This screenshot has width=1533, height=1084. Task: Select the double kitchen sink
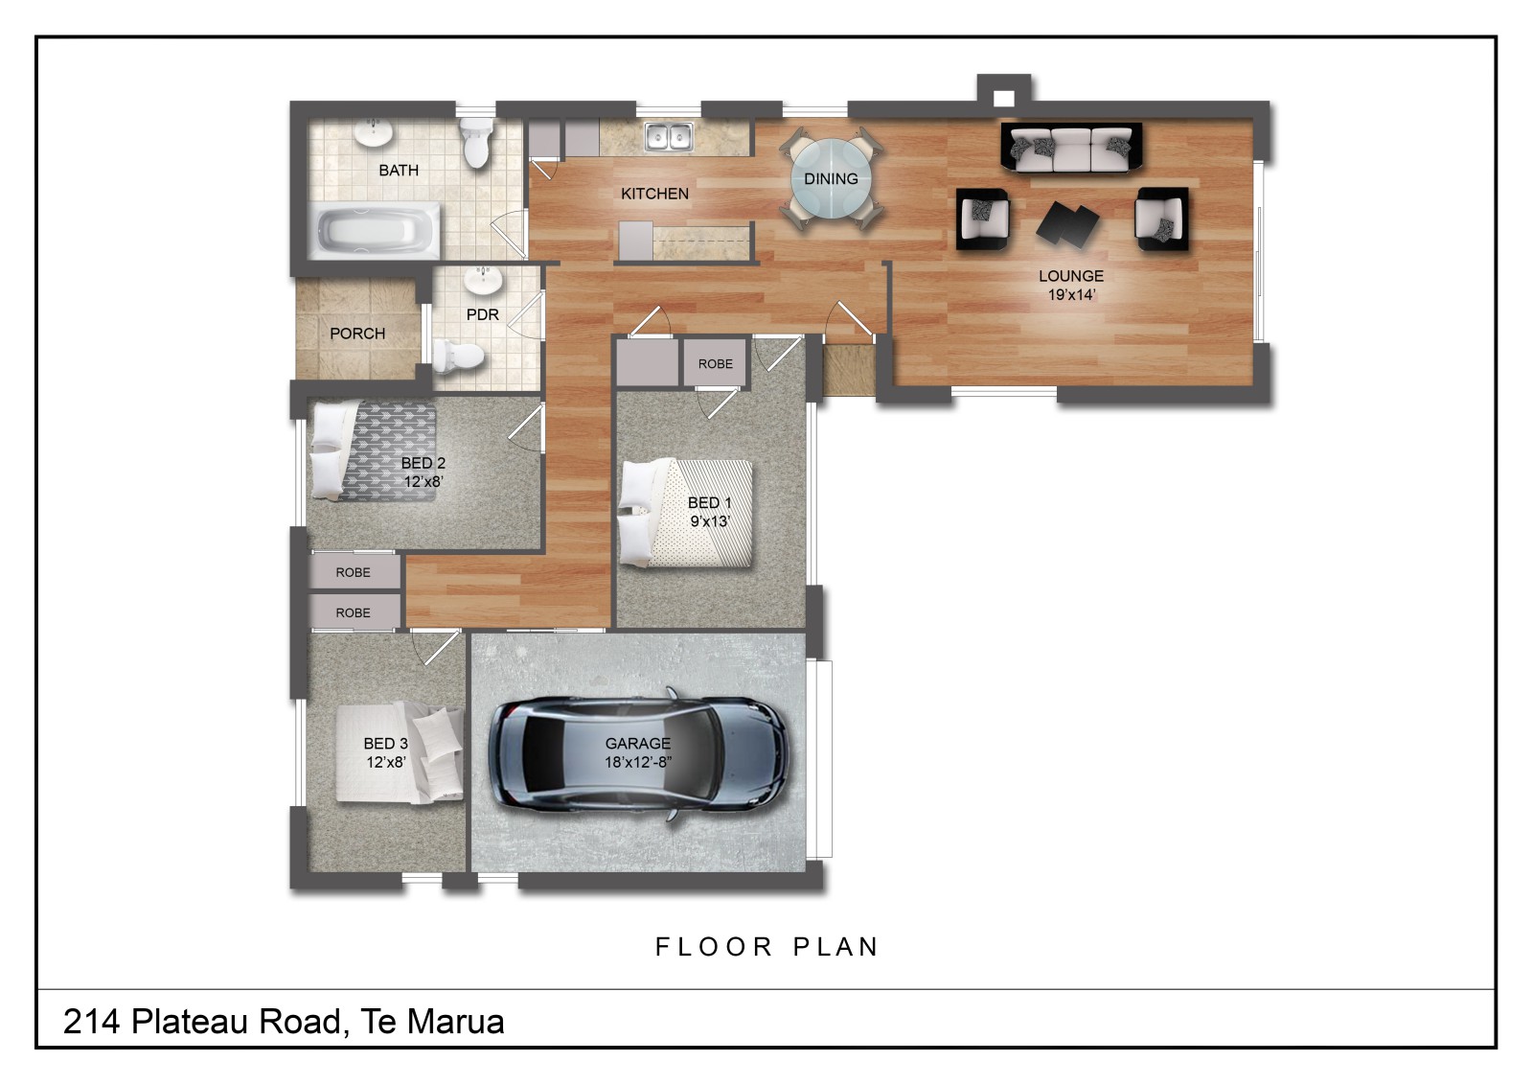click(x=669, y=136)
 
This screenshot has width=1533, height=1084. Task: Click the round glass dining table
click(x=832, y=179)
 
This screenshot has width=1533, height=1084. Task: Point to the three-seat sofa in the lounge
click(x=1072, y=148)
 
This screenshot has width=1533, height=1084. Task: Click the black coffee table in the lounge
click(x=1067, y=223)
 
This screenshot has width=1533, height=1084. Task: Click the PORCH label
click(x=357, y=334)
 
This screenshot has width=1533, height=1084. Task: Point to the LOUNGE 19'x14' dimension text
click(x=1071, y=285)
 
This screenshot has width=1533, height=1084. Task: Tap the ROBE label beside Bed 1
click(x=715, y=363)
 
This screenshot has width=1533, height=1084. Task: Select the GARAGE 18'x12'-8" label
click(x=638, y=751)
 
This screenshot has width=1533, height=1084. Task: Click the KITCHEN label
click(x=655, y=194)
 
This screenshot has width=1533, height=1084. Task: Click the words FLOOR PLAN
click(x=766, y=947)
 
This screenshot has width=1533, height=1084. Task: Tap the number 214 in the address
click(x=92, y=1022)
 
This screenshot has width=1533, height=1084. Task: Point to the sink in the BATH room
click(x=373, y=133)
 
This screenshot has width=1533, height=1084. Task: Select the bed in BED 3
click(x=400, y=752)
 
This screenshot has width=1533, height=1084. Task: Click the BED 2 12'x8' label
click(x=423, y=472)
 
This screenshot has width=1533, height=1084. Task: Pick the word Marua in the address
click(x=456, y=1022)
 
